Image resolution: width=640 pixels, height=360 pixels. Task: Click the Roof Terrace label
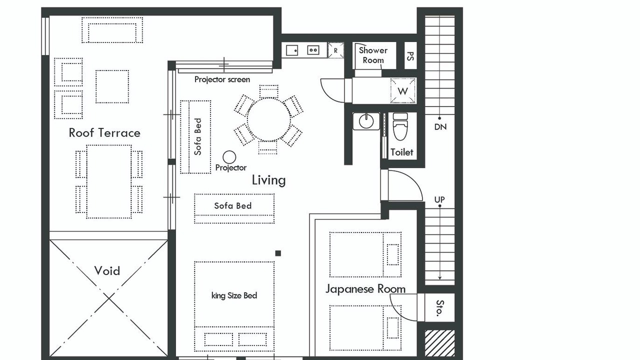[x=104, y=133]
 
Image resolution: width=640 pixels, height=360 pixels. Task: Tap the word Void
[x=107, y=270]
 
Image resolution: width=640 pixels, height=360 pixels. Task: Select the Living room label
[x=268, y=180]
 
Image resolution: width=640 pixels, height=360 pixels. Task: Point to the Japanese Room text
[x=365, y=289]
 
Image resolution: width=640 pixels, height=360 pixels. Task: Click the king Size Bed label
[x=234, y=295]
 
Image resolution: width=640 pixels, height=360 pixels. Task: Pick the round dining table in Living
[x=268, y=119]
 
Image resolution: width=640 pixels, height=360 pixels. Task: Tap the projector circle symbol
[x=229, y=157]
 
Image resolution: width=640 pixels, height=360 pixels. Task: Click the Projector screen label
[x=222, y=79]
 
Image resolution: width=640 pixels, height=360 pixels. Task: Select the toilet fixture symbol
[x=400, y=126]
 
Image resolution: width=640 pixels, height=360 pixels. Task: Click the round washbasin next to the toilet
[x=366, y=121]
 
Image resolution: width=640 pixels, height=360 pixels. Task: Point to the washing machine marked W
[x=403, y=91]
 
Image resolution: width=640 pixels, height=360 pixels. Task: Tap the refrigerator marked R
[x=335, y=50]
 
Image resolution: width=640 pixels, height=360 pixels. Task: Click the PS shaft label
[x=410, y=56]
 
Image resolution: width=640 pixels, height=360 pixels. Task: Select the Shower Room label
[x=373, y=55]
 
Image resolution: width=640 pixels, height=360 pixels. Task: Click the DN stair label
[x=440, y=127]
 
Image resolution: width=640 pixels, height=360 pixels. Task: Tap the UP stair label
[x=439, y=199]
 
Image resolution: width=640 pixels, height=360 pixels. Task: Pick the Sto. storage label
[x=439, y=308]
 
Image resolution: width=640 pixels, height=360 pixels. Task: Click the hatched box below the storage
[x=439, y=343]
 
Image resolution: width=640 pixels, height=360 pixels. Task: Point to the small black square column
[x=278, y=253]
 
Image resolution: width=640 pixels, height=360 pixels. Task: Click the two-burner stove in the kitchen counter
[x=313, y=50]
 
